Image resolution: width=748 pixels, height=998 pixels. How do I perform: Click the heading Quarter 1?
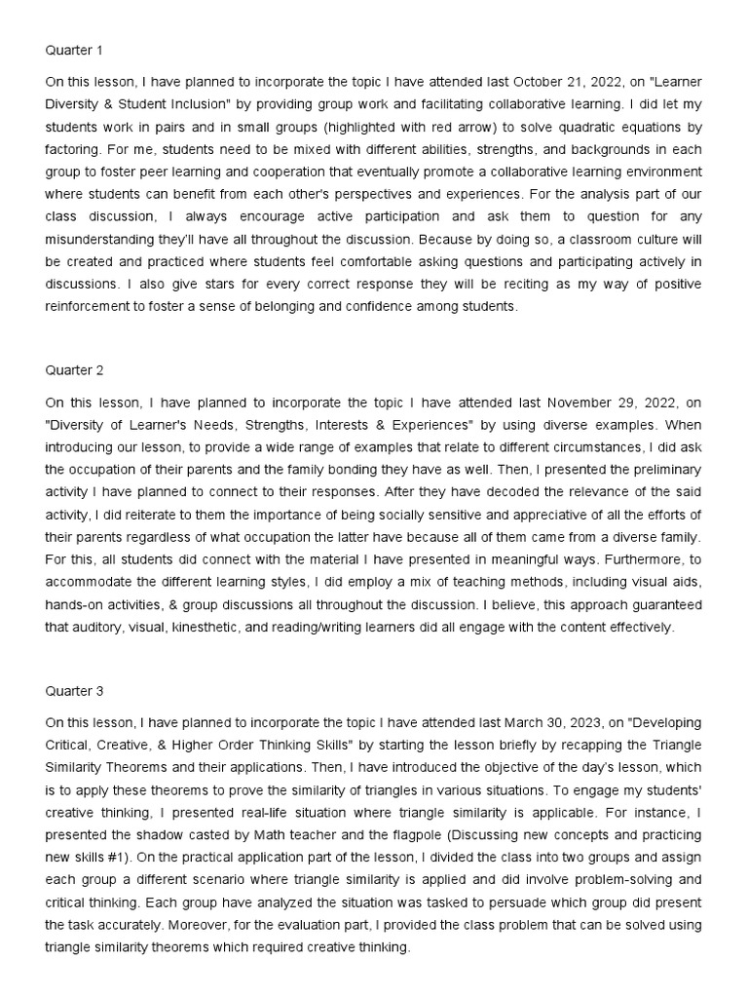pos(73,49)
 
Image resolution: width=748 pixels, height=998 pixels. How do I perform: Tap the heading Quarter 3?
pos(73,691)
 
